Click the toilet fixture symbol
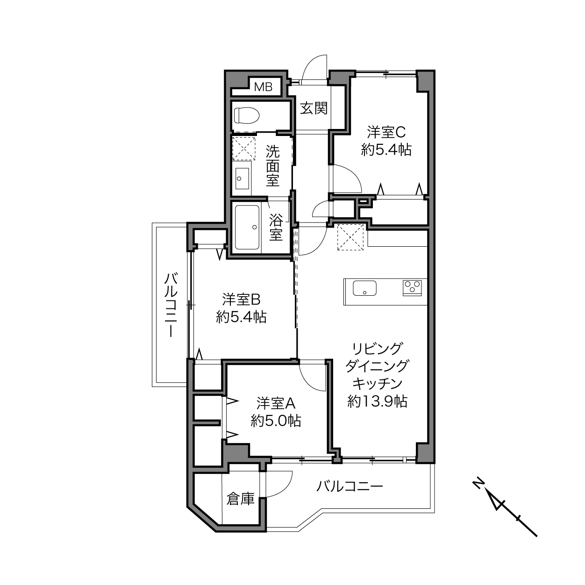pos(247,115)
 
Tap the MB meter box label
pos(263,87)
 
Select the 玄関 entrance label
pos(314,108)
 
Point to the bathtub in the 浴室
pos(247,228)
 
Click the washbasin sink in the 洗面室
pos(242,178)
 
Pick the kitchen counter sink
pos(364,288)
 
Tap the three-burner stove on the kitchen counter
pos(412,287)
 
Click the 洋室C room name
pos(386,132)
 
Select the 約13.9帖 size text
pos(378,401)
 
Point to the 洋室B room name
pos(242,300)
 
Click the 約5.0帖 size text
pos(276,421)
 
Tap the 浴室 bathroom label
pos(276,227)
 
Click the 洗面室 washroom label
pos(272,165)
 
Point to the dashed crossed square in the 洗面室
pos(244,149)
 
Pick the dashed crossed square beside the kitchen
pos(350,237)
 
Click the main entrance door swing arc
pos(313,61)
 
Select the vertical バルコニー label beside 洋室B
pos(171,305)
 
